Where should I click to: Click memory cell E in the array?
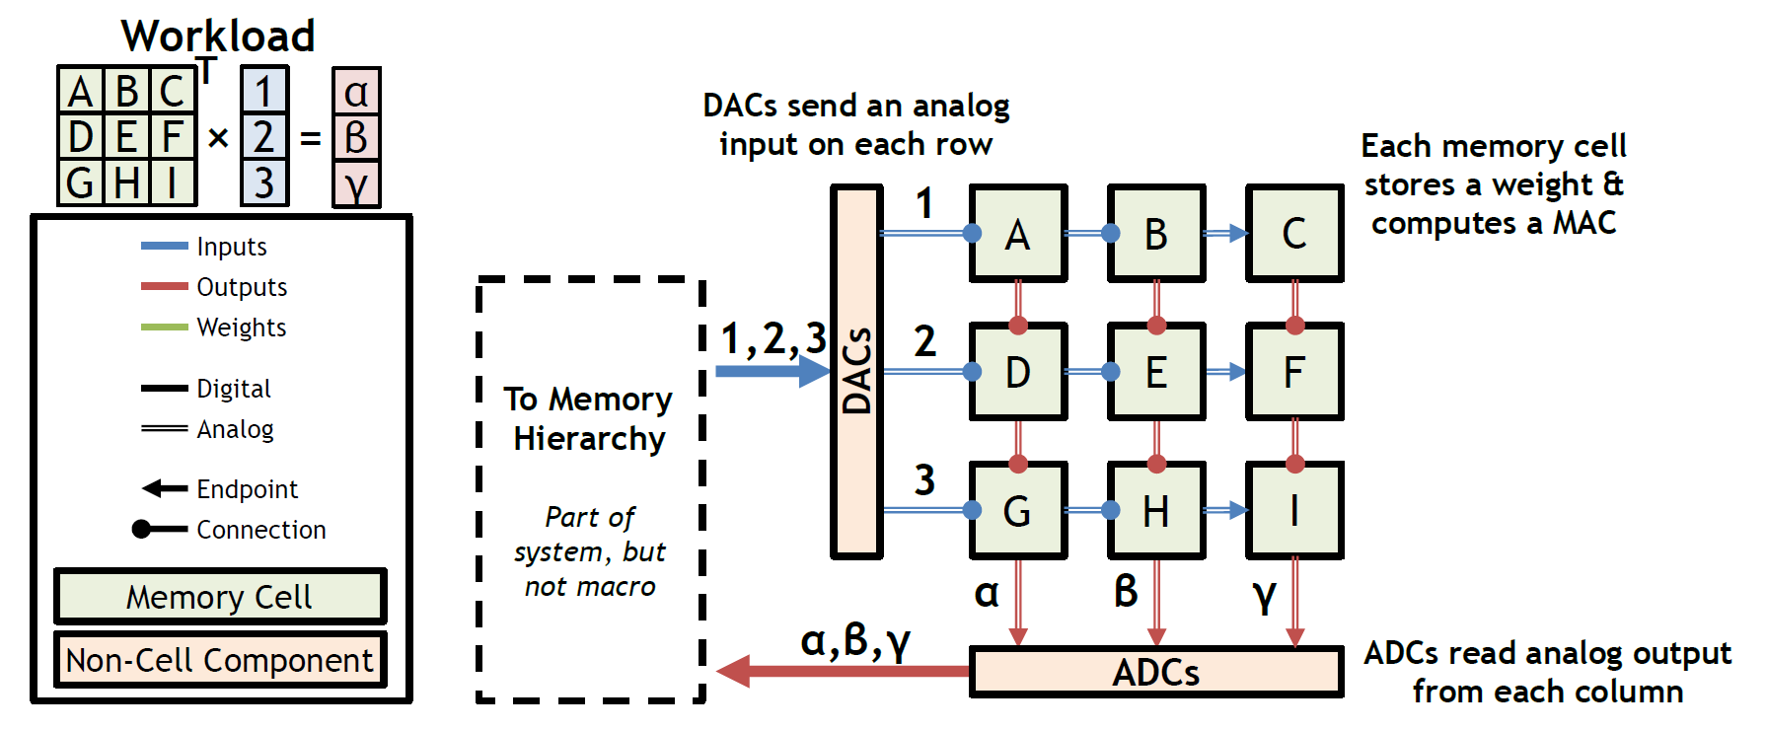(1156, 372)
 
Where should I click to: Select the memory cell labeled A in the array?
(1018, 234)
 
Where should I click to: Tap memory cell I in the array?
(1294, 511)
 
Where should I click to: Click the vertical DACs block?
(856, 372)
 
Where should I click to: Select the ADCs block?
(1156, 672)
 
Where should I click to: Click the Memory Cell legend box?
(220, 597)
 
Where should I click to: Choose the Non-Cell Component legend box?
(220, 659)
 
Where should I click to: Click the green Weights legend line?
(164, 328)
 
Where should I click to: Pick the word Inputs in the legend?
(232, 247)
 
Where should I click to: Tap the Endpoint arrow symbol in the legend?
(164, 488)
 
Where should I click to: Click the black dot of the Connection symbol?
(142, 530)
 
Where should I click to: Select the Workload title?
(218, 36)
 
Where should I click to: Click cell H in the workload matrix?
(126, 183)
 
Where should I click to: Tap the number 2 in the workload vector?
(263, 137)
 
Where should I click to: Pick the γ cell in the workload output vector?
(356, 183)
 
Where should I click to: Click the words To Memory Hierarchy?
(589, 418)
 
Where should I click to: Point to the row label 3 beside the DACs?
(924, 480)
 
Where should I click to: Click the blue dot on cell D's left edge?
(973, 372)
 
